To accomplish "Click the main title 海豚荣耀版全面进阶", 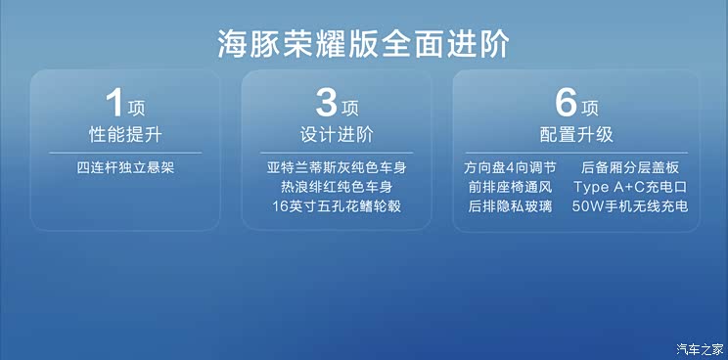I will point(364,44).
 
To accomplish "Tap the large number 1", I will point(115,104).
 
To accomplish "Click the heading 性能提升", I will point(124,135).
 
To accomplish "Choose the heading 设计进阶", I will point(337,135).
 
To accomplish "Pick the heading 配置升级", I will point(575,135).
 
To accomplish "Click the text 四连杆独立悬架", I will point(124,167).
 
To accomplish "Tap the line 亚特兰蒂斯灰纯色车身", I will point(337,167).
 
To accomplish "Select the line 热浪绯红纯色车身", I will point(337,187).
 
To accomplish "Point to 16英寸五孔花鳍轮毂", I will point(337,206).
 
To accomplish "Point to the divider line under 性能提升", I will point(124,153).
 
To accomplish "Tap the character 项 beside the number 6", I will point(590,108).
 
